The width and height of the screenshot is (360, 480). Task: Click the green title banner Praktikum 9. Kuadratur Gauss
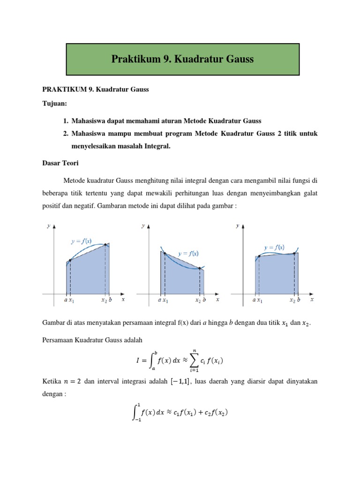coord(182,60)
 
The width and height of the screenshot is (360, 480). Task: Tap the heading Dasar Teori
coord(60,164)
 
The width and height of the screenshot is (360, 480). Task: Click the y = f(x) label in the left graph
coord(81,241)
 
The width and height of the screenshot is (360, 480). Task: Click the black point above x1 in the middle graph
coord(165,254)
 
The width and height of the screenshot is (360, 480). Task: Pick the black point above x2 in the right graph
coord(294,254)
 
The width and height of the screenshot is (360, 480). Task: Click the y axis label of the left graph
coord(49,226)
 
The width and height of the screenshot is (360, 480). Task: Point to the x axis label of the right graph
coord(312,299)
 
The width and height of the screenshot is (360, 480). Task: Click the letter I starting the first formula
coord(137,360)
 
